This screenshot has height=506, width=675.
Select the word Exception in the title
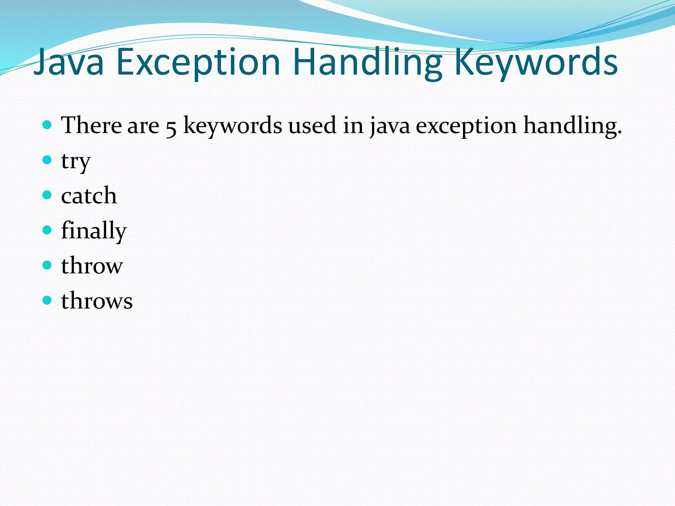pos(198,63)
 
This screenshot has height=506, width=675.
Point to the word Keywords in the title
pos(535,63)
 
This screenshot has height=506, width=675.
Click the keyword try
pos(75,161)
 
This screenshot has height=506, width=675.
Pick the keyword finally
pos(94,231)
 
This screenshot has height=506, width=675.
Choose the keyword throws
pos(97,300)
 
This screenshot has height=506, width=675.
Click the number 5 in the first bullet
pos(171,127)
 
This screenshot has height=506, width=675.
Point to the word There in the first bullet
pos(91,125)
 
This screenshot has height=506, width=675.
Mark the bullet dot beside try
pos(47,160)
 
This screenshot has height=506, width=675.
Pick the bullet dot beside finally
pos(47,230)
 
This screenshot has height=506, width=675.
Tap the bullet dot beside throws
pos(47,300)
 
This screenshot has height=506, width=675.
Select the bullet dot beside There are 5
pos(47,125)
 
